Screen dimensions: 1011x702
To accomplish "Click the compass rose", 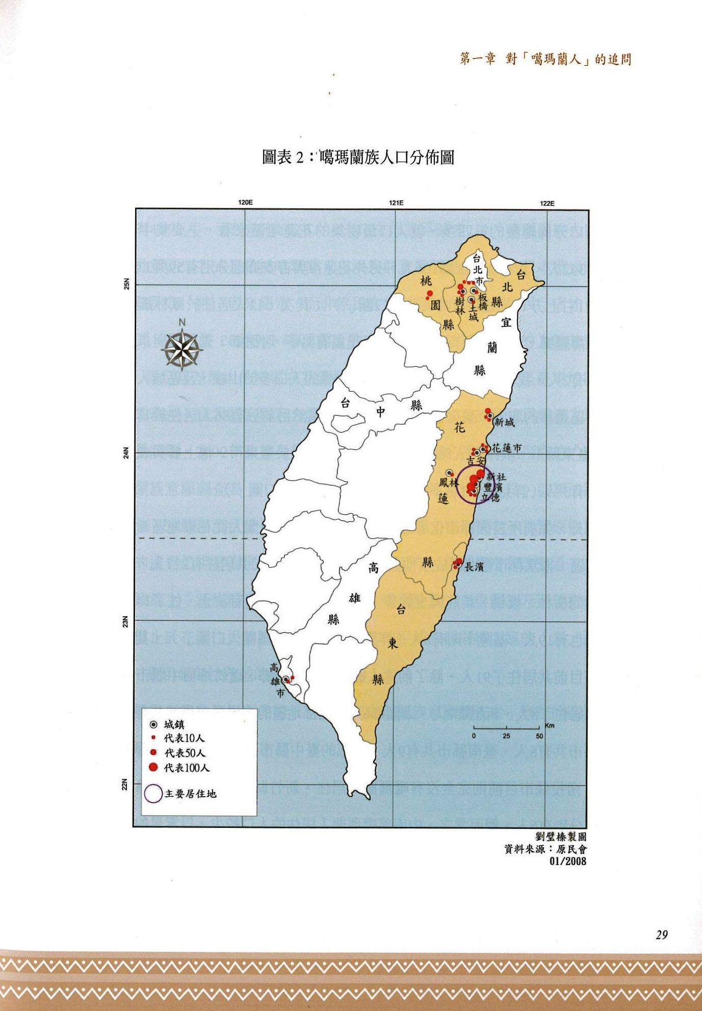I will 182,350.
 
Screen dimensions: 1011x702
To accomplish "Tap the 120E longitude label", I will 246,203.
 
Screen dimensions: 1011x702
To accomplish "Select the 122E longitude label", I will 547,203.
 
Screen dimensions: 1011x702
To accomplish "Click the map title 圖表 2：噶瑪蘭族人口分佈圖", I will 358,158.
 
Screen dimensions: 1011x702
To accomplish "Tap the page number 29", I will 661,934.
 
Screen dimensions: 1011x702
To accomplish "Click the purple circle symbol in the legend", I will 153,794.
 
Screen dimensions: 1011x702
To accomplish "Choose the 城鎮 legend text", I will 174,724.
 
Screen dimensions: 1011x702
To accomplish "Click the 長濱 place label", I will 474,566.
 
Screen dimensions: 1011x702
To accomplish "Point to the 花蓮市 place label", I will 507,448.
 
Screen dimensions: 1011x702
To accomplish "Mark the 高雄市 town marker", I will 287,679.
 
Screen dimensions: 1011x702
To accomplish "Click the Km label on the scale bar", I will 549,725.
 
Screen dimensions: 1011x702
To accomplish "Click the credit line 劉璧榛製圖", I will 560,837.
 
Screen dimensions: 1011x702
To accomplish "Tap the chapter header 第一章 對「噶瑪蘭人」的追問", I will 545,60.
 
